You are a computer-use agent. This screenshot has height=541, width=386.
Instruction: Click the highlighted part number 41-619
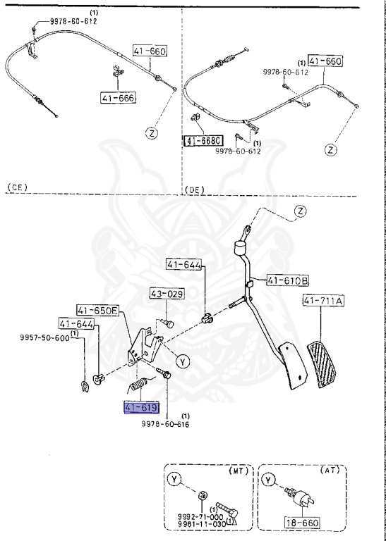click(141, 408)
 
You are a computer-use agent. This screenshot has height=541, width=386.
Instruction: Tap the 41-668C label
click(203, 141)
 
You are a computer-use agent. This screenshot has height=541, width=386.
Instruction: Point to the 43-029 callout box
click(166, 293)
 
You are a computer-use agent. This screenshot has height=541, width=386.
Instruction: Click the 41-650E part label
click(98, 309)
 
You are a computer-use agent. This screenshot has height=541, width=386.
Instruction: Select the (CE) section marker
click(16, 187)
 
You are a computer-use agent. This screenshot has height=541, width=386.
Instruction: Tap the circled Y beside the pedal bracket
click(182, 361)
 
